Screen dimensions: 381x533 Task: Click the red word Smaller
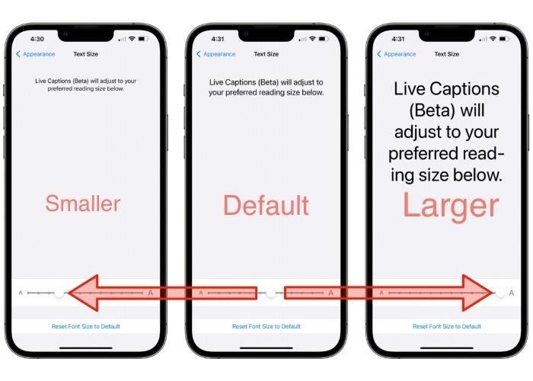pyautogui.click(x=82, y=203)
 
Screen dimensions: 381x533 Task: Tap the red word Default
pyautogui.click(x=266, y=205)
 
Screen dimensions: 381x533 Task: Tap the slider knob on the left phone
pyautogui.click(x=60, y=293)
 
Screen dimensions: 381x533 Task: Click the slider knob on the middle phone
pyautogui.click(x=270, y=293)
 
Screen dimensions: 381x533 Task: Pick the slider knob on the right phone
pyautogui.click(x=499, y=293)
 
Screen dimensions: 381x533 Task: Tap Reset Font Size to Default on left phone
pyautogui.click(x=85, y=326)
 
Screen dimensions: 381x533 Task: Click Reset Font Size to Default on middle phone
pyautogui.click(x=266, y=326)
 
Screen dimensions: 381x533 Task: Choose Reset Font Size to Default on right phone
pyautogui.click(x=447, y=326)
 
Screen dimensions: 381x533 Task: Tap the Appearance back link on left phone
pyautogui.click(x=37, y=54)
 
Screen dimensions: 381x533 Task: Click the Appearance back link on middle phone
pyautogui.click(x=217, y=54)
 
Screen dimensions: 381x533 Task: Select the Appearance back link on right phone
pyautogui.click(x=397, y=54)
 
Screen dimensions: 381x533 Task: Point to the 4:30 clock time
pyautogui.click(x=37, y=38)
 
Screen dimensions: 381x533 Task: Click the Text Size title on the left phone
pyautogui.click(x=85, y=54)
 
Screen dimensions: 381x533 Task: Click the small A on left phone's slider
pyautogui.click(x=20, y=293)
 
